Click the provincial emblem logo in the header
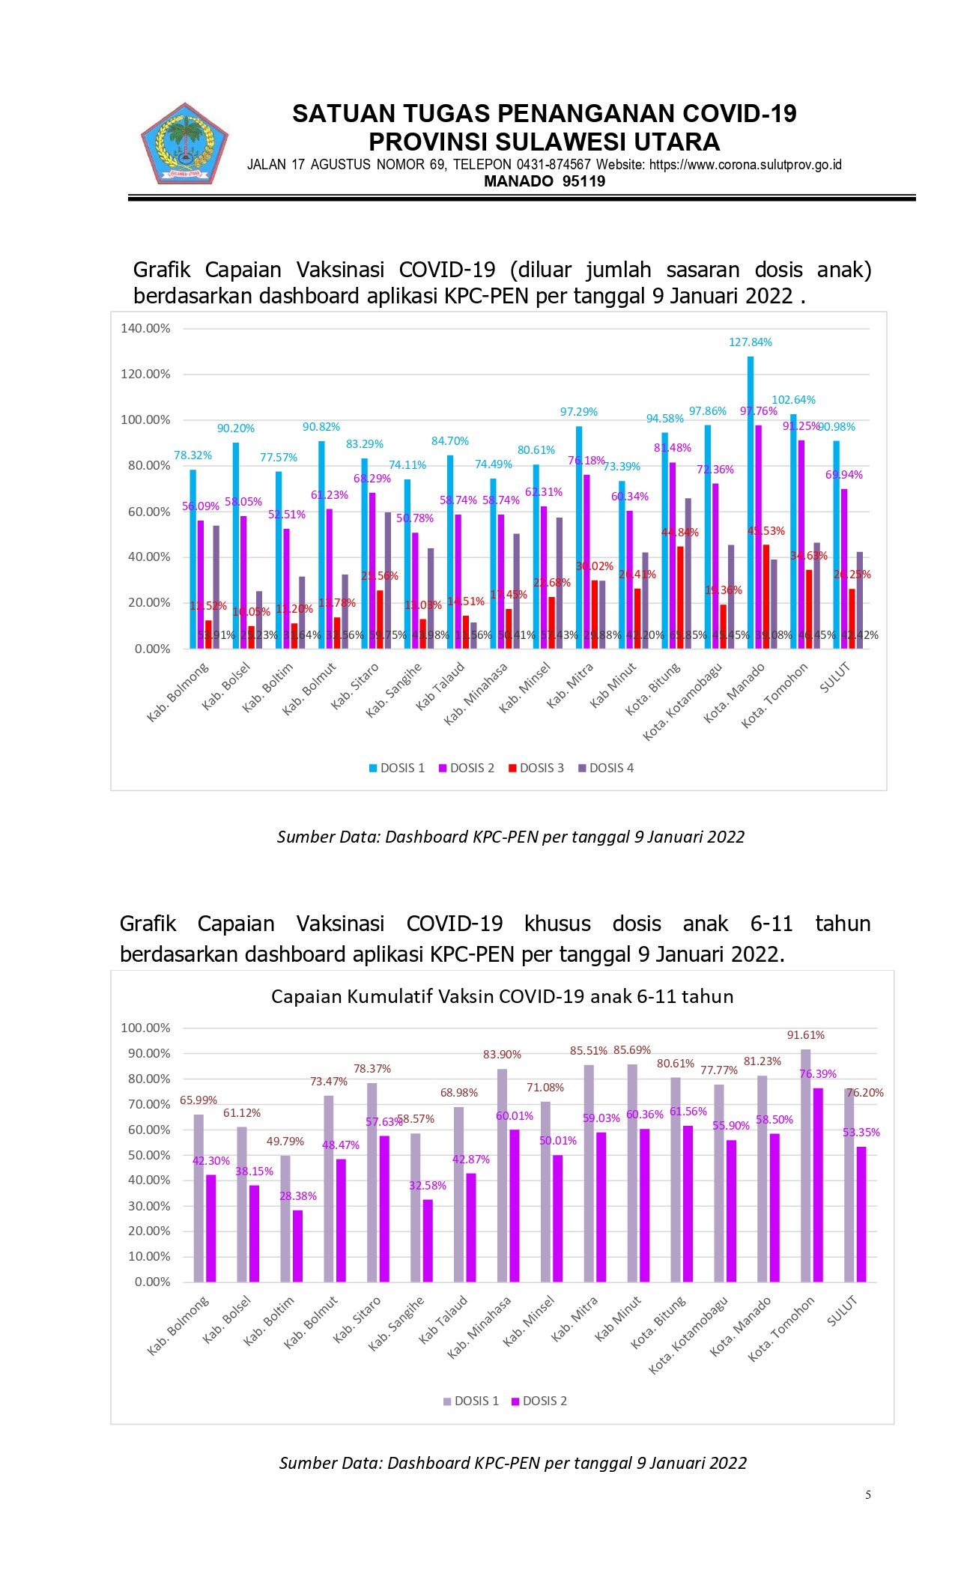tap(184, 144)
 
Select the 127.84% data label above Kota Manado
tap(750, 342)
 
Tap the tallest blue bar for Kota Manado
tap(751, 502)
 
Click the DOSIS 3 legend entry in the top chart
tap(536, 768)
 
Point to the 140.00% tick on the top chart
tap(145, 328)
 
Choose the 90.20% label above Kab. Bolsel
tap(236, 428)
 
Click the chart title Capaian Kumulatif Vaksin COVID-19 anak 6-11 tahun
tap(502, 996)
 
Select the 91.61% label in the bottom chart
tap(805, 1035)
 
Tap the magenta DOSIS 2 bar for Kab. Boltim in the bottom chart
tap(298, 1246)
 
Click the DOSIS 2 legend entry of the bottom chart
tap(539, 1401)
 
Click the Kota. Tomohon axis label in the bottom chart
tap(781, 1330)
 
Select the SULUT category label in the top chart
tap(834, 678)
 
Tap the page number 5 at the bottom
tap(868, 1494)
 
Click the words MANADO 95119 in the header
tap(545, 181)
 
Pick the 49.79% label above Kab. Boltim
tap(285, 1142)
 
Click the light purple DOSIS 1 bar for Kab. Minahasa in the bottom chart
tap(502, 1176)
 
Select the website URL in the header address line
tap(745, 165)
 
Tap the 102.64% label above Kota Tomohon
tap(793, 400)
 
